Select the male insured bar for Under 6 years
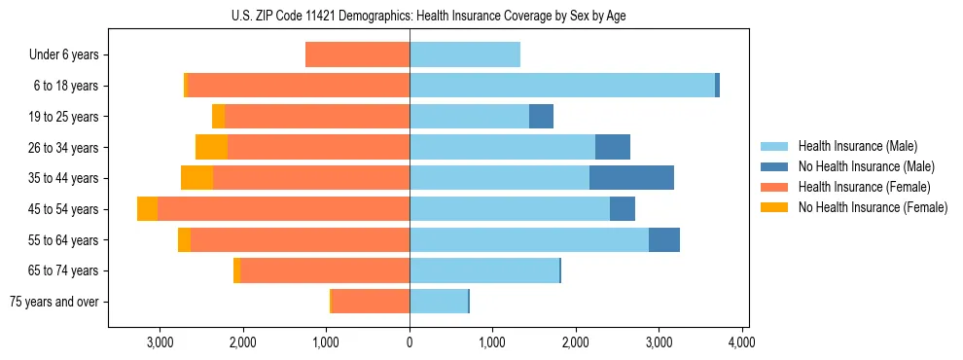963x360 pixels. point(464,54)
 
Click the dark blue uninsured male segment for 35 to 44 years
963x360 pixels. point(631,178)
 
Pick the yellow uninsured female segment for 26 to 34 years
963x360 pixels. point(211,147)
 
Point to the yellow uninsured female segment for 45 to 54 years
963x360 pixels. point(147,209)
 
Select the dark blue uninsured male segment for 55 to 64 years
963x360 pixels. point(664,240)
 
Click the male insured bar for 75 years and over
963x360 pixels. point(439,302)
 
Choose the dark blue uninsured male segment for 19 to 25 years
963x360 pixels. point(541,117)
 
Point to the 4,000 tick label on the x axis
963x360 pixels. point(742,342)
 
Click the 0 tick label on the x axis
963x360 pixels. point(410,342)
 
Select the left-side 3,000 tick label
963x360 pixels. point(160,342)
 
